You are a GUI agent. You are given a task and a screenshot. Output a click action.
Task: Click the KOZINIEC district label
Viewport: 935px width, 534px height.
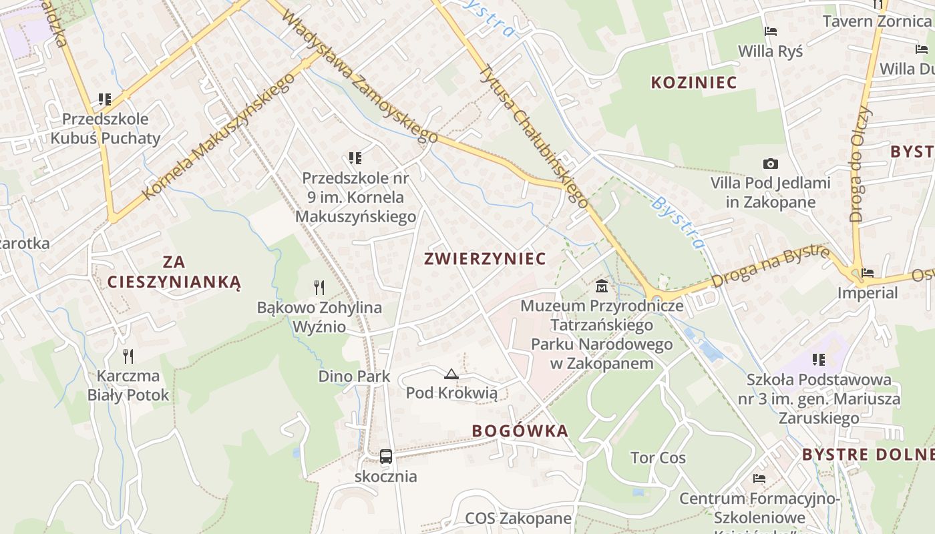click(x=694, y=83)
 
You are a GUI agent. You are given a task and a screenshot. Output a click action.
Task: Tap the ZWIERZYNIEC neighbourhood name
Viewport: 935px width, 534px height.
click(x=485, y=259)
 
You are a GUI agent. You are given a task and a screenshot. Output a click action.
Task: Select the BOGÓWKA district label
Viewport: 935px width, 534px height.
click(x=520, y=431)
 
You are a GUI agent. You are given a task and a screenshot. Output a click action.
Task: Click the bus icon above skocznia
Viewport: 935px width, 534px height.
click(x=386, y=457)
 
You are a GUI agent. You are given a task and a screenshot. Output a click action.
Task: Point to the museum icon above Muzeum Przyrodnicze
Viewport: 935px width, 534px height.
click(x=601, y=287)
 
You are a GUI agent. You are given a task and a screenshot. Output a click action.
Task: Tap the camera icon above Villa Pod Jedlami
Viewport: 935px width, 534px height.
click(x=770, y=164)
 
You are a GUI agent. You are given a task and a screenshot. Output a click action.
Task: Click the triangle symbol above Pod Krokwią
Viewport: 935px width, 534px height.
click(x=451, y=374)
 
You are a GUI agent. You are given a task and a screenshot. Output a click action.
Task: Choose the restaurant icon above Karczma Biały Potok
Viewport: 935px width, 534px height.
click(x=128, y=356)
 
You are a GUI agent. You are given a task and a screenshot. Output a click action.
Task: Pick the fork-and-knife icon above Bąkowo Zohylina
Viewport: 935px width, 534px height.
click(x=319, y=288)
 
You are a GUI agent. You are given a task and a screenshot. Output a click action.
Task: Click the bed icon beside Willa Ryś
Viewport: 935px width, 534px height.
click(x=770, y=31)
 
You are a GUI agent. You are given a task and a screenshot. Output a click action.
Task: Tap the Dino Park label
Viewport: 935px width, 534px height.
click(x=354, y=376)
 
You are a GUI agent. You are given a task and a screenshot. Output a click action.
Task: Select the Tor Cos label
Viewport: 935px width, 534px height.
click(x=658, y=458)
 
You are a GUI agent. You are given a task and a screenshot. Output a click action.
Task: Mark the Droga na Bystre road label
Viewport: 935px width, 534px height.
click(x=770, y=266)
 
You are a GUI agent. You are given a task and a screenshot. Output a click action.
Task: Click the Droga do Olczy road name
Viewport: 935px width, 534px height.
click(x=862, y=164)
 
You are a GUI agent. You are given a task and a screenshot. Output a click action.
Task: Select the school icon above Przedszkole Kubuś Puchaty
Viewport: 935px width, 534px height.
click(x=105, y=99)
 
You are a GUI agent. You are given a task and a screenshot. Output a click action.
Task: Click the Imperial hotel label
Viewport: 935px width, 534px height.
click(x=868, y=293)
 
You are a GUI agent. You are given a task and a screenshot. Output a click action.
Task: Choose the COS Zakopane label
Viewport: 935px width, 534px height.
click(x=518, y=519)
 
